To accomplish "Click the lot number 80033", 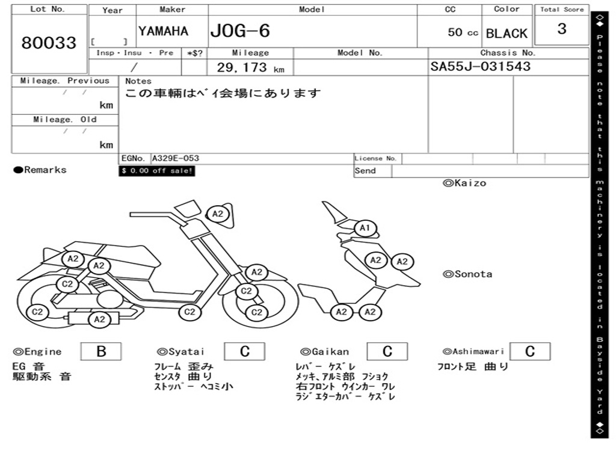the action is pos(49,43).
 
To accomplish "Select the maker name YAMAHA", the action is pos(164,31).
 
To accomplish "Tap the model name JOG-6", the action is pos(240,31).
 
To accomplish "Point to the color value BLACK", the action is pos(507,34).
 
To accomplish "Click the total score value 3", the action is pos(562,29).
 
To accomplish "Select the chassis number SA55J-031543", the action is pos(480,66).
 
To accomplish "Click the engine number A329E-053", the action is pos(176,158).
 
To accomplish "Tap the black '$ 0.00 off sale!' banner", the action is pos(157,171).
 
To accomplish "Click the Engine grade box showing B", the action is pos(101,351).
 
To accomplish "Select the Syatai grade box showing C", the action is pos(245,351).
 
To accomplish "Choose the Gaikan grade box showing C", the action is pos(387,351).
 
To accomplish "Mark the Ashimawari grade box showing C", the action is pos(530,351).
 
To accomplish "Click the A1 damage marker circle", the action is pos(365,228).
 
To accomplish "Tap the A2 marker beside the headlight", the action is pos(218,214).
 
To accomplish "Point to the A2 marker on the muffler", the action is pos(99,320).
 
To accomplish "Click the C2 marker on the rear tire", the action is pos(37,312).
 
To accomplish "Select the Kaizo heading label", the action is pos(465,183).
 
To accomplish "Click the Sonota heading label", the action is pos(467,274).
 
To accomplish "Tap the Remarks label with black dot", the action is pos(40,170).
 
